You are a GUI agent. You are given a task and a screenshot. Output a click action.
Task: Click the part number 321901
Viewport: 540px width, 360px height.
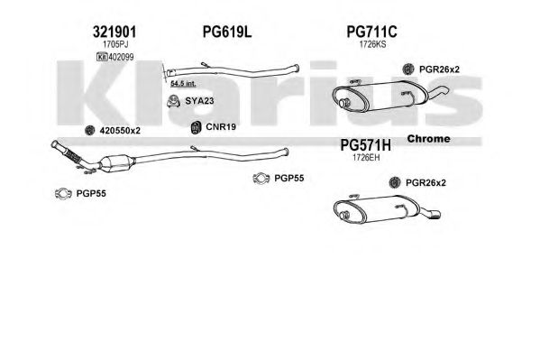point(114,32)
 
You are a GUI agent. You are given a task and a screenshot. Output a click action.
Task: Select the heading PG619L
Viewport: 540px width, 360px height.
point(227,32)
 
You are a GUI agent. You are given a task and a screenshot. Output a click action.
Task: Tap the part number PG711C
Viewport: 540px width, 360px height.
point(371,32)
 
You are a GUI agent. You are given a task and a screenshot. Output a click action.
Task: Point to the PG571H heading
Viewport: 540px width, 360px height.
point(366,145)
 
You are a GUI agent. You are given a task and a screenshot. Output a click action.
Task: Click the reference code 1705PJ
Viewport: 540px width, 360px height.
point(115,44)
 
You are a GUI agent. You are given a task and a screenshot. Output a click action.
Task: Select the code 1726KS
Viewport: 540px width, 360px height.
point(372,44)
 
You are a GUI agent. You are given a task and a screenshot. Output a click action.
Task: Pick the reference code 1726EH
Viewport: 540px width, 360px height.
point(366,158)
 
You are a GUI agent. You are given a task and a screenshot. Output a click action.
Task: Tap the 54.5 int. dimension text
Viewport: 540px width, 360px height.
point(183,83)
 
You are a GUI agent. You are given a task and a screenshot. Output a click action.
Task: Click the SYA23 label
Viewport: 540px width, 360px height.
point(199,101)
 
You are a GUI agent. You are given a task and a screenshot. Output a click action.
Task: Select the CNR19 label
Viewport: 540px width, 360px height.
point(221,127)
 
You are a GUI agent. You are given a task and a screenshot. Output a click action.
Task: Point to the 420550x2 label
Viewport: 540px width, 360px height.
point(120,131)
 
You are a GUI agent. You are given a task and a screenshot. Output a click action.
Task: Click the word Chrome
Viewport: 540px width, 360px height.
point(428,139)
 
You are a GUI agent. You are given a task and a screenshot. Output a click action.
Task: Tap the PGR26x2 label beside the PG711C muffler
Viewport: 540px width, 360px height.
point(439,69)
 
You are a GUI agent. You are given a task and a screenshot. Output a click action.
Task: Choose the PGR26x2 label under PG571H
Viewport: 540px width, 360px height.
point(426,182)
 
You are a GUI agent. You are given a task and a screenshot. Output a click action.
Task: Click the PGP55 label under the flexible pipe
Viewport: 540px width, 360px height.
point(91,193)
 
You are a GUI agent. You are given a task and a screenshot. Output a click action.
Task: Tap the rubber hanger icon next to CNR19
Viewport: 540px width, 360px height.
point(196,127)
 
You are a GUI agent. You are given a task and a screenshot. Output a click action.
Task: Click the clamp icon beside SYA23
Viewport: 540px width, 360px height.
point(174,101)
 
